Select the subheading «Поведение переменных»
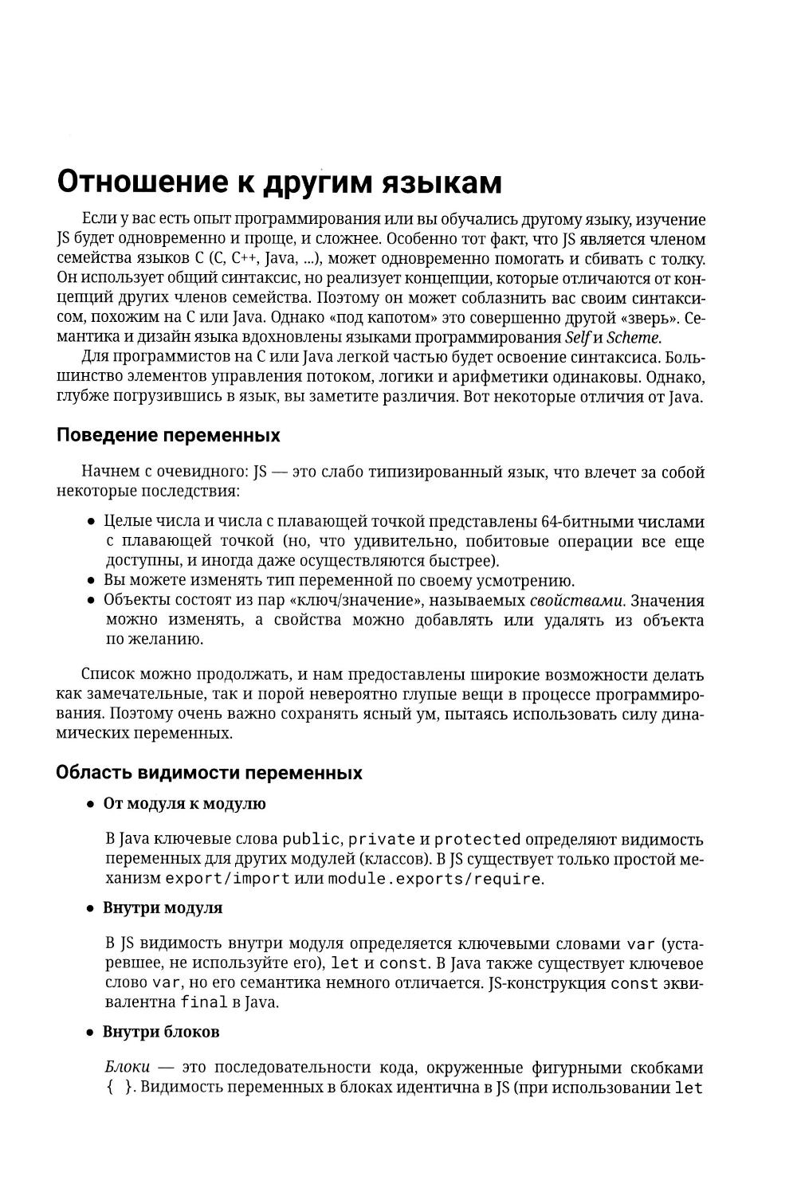point(168,436)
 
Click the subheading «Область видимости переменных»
point(209,773)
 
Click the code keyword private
point(383,839)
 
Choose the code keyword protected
point(477,839)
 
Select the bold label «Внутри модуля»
point(163,908)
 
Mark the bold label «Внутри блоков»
point(161,1032)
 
